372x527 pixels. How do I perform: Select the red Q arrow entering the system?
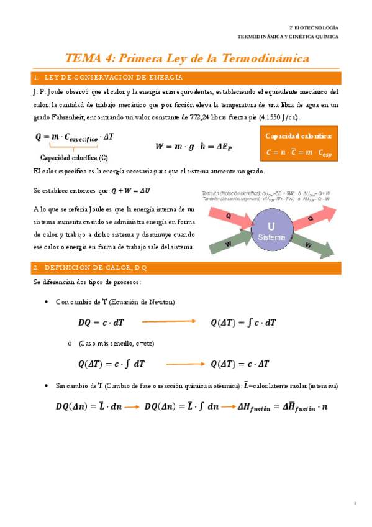point(227,216)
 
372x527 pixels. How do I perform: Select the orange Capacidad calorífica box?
point(298,144)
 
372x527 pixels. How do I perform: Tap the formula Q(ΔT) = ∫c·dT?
point(243,323)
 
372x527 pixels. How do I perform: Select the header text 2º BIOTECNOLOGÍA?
point(315,28)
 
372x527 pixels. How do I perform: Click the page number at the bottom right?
point(353,502)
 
